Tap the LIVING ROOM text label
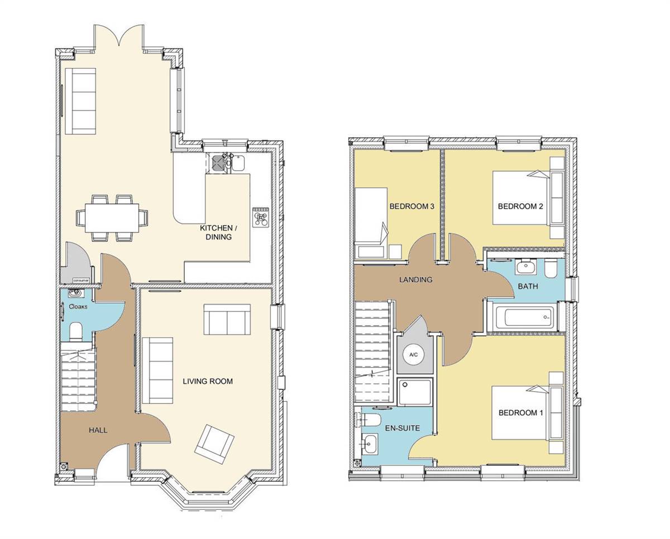208,382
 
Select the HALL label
98,430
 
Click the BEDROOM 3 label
411,206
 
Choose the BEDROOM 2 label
520,206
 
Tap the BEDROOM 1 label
520,413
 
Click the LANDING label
415,280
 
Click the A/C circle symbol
414,355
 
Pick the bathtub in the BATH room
520,318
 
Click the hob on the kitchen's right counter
260,217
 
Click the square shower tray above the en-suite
414,392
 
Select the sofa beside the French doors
80,100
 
